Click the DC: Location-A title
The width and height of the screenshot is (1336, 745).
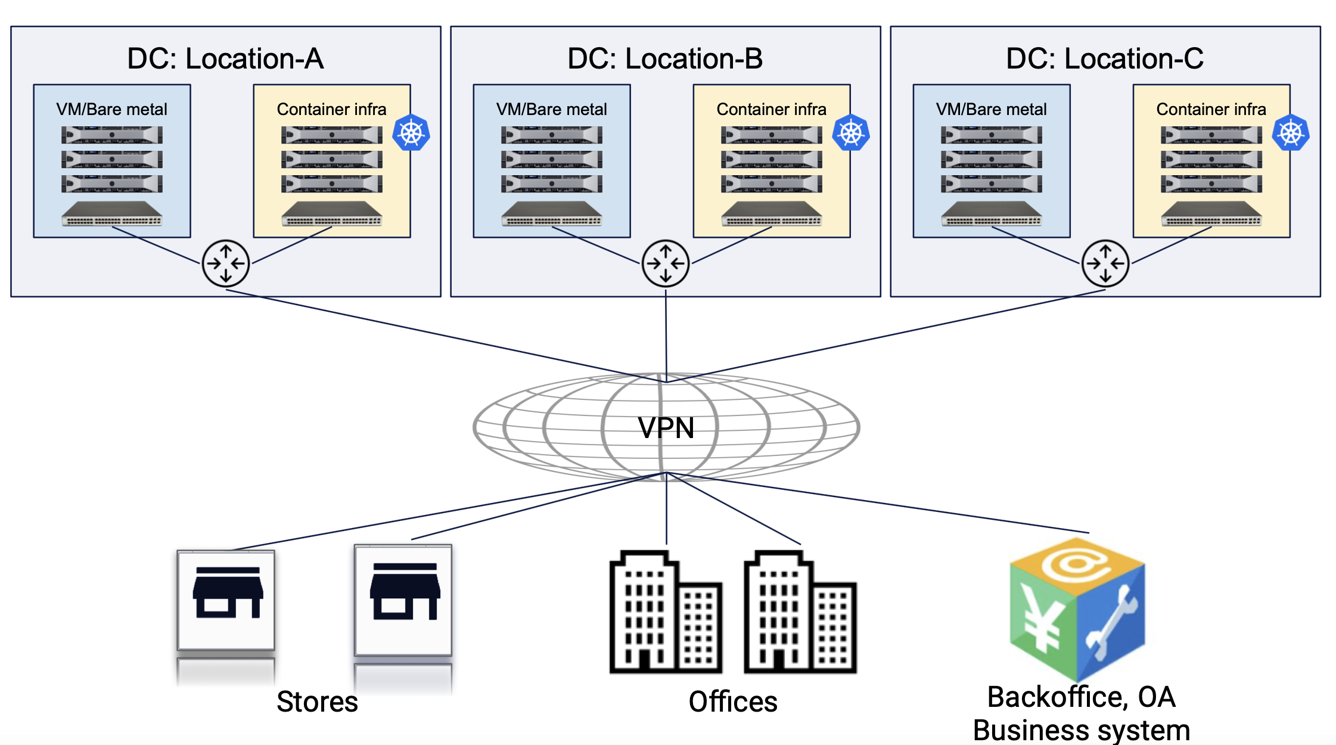[x=225, y=58]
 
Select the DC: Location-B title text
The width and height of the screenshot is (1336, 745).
[x=665, y=58]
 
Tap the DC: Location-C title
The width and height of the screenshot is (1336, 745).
[x=1105, y=58]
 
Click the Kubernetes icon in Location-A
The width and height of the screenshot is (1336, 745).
[x=411, y=132]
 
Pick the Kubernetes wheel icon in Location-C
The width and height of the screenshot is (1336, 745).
[x=1291, y=132]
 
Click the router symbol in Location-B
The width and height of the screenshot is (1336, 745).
[x=666, y=263]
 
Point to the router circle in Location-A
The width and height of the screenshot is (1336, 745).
[x=226, y=263]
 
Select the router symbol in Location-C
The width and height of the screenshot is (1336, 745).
[x=1105, y=263]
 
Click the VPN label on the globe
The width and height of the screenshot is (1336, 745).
[x=666, y=427]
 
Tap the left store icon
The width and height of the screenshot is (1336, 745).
[x=226, y=599]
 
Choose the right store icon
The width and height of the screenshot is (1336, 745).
[x=404, y=599]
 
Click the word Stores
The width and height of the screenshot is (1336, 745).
[x=317, y=701]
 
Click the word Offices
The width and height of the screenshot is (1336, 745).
[x=733, y=701]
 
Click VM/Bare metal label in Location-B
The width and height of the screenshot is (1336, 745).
[x=551, y=109]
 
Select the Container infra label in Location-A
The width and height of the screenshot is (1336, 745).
[x=331, y=109]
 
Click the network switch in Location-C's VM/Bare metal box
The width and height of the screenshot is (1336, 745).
[x=992, y=214]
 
